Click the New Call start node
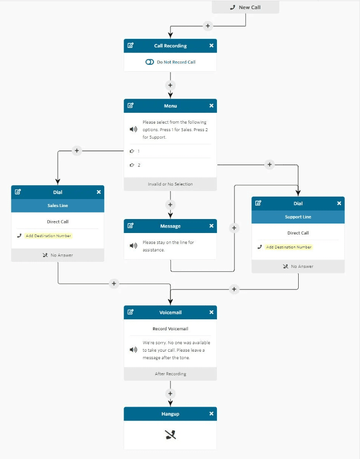click(x=245, y=7)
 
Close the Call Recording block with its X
click(x=211, y=46)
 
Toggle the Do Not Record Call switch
click(x=150, y=62)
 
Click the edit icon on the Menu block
click(x=131, y=106)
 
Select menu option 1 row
click(x=170, y=151)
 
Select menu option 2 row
click(x=170, y=165)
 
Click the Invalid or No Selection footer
click(x=170, y=184)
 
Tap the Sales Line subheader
click(x=58, y=206)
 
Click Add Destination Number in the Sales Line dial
click(x=49, y=236)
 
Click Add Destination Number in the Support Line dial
click(x=289, y=247)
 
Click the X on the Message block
click(x=211, y=226)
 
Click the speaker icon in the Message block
click(x=133, y=245)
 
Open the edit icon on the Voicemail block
click(x=131, y=312)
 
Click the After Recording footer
click(x=170, y=374)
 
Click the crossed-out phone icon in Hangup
click(x=170, y=435)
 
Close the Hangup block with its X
click(x=211, y=414)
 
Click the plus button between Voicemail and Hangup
click(x=170, y=393)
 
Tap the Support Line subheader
click(x=298, y=217)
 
